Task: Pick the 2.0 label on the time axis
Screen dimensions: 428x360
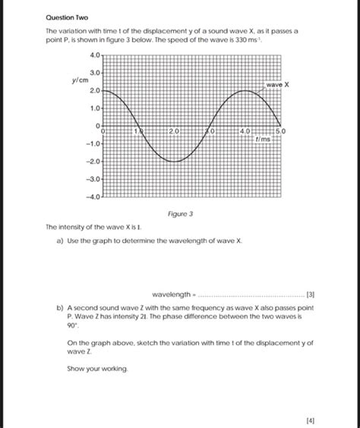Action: coord(175,132)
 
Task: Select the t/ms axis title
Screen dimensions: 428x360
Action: coord(264,140)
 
